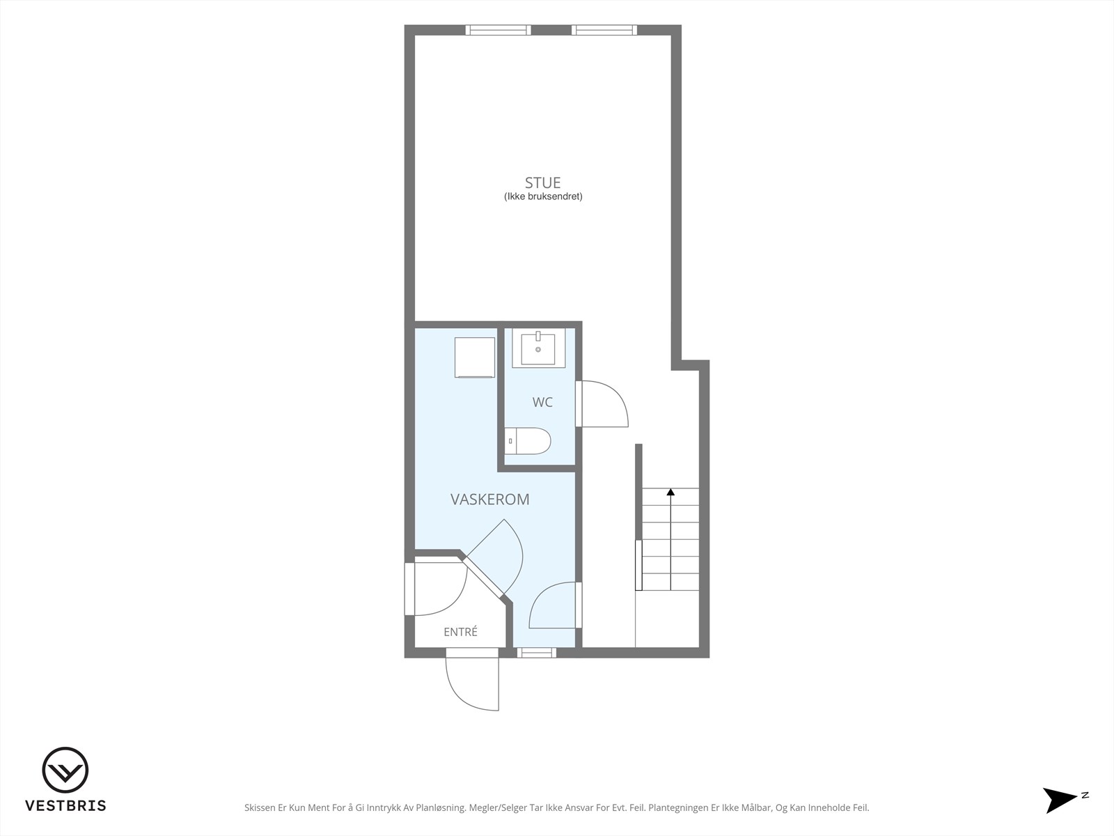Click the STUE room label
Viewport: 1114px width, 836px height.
(542, 183)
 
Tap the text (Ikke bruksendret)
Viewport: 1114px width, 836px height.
(543, 196)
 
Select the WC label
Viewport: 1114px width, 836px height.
(542, 403)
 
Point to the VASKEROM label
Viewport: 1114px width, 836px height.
(489, 500)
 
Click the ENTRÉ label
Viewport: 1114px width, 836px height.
(460, 631)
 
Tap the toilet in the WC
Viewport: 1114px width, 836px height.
(528, 440)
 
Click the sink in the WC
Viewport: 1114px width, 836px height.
(538, 348)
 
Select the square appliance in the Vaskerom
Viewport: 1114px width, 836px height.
(475, 357)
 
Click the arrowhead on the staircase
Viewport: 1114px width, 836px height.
(670, 492)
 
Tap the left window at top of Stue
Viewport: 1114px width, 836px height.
(499, 30)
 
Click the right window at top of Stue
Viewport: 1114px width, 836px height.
(604, 30)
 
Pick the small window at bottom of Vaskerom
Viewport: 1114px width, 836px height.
(536, 653)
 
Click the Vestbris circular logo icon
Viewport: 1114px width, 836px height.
(65, 770)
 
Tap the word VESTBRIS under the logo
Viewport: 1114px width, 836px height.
(65, 805)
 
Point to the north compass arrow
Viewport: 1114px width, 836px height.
(1059, 800)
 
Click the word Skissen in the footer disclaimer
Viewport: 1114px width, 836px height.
(260, 807)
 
